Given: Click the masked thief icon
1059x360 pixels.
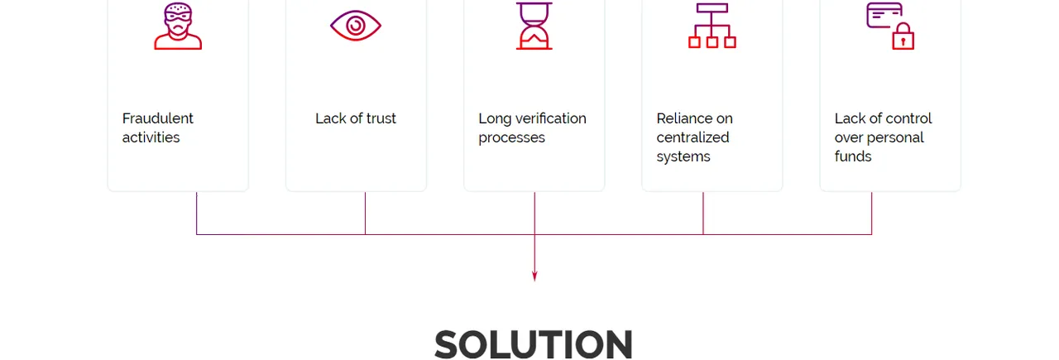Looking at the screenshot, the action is (178, 26).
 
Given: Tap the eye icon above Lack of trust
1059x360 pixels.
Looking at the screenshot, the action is (356, 26).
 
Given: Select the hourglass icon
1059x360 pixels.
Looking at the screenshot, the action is (534, 26).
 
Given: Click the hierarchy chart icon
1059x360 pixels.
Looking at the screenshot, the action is (712, 26).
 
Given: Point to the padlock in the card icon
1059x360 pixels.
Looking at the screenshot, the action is (903, 36).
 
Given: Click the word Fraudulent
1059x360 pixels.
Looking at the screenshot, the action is (157, 118).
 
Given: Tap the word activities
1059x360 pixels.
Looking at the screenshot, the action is (151, 137).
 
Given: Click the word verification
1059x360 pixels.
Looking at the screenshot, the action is (551, 118).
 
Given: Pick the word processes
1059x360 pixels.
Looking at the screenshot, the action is (511, 137).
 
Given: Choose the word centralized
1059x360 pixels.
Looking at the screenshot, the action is (692, 137).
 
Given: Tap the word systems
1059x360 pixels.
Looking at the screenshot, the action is (683, 156).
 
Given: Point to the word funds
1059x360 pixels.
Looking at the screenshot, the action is (853, 156).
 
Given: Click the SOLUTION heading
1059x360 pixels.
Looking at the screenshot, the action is (534, 344).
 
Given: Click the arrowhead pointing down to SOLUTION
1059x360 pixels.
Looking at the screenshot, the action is (534, 276).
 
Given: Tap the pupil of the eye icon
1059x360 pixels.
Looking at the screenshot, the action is (356, 26).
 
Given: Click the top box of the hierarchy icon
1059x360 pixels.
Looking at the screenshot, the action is (712, 8).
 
